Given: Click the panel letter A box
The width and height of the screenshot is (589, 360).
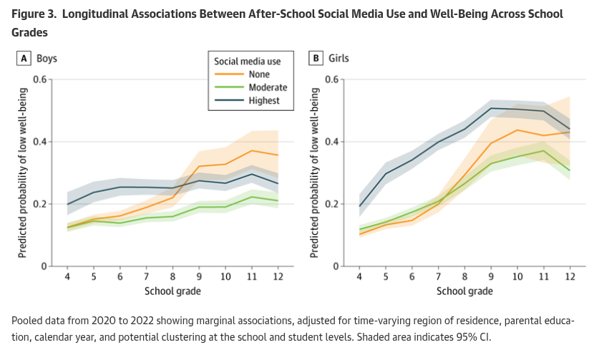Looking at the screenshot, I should click(24, 58).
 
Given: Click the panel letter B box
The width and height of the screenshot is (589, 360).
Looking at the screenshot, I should click(315, 58).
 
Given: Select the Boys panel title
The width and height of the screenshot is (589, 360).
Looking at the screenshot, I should click(47, 58).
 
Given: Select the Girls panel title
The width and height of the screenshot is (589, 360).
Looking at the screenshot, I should click(339, 58).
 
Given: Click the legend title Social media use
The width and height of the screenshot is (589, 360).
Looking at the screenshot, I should click(248, 62).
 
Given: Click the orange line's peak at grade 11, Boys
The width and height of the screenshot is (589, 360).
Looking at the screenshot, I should click(251, 150).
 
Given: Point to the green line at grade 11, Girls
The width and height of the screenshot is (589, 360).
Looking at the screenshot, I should click(544, 150).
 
